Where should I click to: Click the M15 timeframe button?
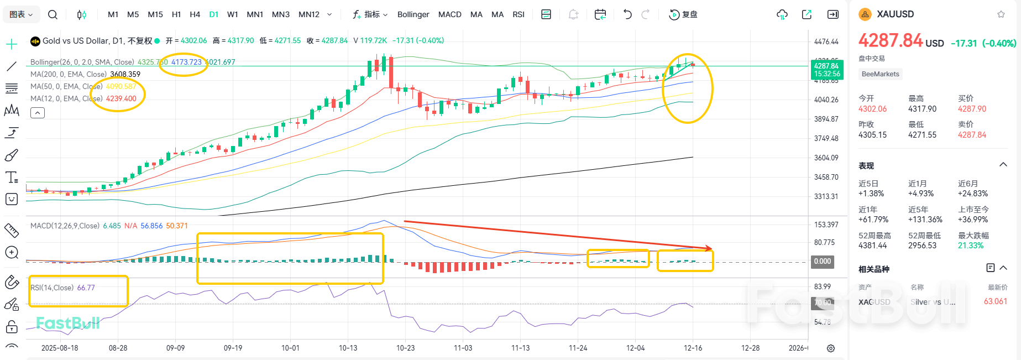[x=155, y=14]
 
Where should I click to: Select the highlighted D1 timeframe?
[x=213, y=14]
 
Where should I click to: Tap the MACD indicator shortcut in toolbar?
[x=449, y=14]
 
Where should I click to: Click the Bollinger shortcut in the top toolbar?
[x=413, y=14]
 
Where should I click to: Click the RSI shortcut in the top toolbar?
[x=518, y=14]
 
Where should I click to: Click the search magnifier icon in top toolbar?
[x=53, y=14]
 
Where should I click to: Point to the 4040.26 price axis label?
[x=826, y=100]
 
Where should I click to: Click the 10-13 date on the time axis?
[x=348, y=348]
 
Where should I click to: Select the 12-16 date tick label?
[x=693, y=348]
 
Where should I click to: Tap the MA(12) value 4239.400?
[x=121, y=98]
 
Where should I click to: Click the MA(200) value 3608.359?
[x=125, y=74]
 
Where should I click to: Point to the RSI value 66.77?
[x=86, y=288]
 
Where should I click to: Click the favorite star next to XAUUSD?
[x=1001, y=14]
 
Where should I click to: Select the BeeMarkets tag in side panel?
[x=880, y=74]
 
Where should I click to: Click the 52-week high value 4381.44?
[x=872, y=246]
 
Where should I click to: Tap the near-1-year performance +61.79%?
[x=871, y=220]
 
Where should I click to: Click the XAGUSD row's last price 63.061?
[x=995, y=301]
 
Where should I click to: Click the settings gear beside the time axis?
[x=830, y=348]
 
